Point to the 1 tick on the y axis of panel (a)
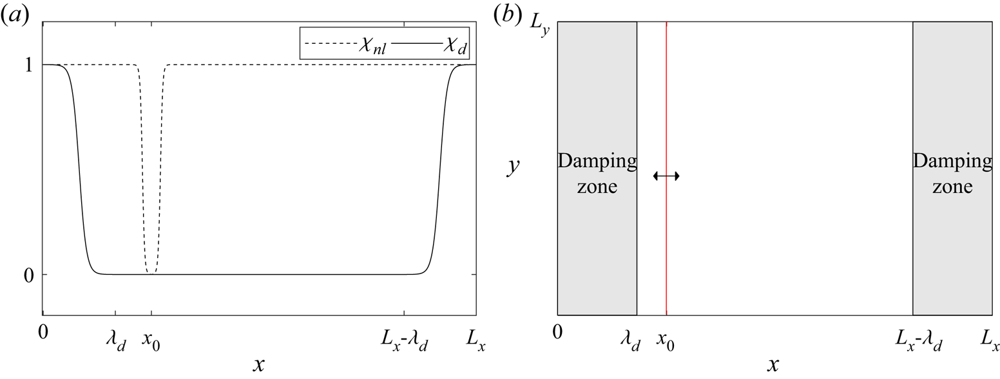[x=29, y=66]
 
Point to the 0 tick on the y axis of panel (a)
[x=29, y=275]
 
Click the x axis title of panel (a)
[x=258, y=365]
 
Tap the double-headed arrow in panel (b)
[x=666, y=176]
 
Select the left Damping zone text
[x=597, y=174]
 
